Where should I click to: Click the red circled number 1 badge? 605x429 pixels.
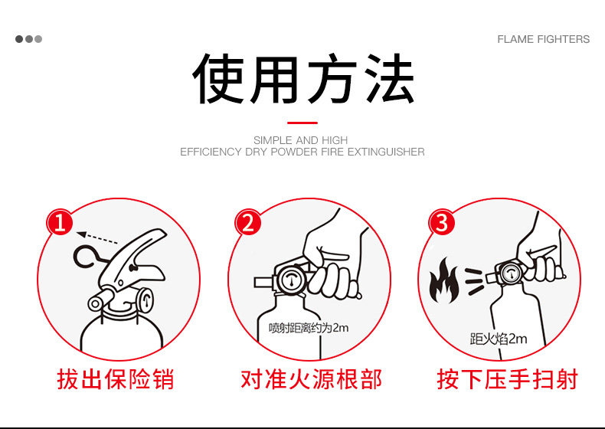60,222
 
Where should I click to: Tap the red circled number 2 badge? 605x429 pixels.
248,222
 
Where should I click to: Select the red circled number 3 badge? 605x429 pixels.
441,222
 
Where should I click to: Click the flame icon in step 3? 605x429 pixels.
444,280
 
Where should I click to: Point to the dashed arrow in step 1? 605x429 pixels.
96,237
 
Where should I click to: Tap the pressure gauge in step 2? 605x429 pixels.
290,279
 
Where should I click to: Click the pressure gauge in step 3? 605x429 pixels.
511,273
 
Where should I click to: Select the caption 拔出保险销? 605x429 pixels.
116,378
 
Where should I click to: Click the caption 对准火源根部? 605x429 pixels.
311,378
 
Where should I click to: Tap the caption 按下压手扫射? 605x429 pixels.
508,378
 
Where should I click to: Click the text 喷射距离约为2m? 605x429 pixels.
309,328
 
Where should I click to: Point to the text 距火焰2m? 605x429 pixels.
498,339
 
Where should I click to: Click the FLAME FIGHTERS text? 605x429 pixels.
543,39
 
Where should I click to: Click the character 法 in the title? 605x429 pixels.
390,78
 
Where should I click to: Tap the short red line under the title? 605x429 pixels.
302,123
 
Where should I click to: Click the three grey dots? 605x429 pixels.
28,39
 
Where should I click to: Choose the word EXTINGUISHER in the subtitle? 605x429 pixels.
386,152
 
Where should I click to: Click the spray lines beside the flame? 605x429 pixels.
474,281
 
